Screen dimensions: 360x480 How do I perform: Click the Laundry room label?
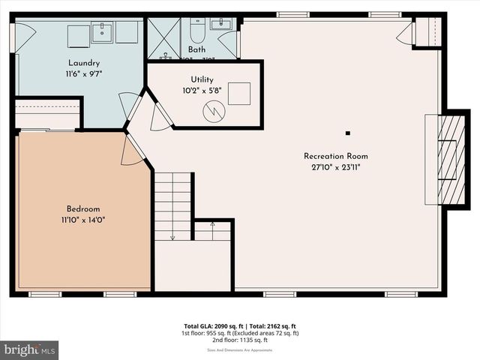tap(84, 63)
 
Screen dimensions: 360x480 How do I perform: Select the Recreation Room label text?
tap(335, 156)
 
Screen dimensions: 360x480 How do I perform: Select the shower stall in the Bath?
tap(163, 38)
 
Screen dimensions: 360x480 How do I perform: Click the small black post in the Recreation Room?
tap(348, 133)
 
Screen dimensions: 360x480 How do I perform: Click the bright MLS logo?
tap(30, 349)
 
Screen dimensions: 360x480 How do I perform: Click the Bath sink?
tap(222, 25)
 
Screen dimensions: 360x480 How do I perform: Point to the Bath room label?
tap(196, 49)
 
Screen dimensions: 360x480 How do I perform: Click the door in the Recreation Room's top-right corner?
tap(406, 31)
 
